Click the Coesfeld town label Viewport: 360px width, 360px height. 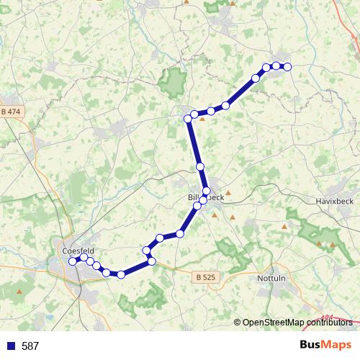[x=78, y=250]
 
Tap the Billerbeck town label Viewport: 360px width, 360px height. [x=206, y=197]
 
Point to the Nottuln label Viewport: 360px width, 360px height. [x=272, y=277]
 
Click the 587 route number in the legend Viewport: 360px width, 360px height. [x=30, y=346]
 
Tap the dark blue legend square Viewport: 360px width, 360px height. [x=10, y=346]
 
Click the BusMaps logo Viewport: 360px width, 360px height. [x=325, y=345]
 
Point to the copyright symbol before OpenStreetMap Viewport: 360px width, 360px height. [x=238, y=323]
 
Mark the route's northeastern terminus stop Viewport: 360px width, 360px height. [x=287, y=67]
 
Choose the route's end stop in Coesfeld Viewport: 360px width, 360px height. [x=73, y=261]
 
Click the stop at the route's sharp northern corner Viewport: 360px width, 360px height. [x=187, y=117]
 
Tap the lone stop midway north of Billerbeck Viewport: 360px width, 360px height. [x=200, y=166]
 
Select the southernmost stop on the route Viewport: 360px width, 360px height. [x=121, y=274]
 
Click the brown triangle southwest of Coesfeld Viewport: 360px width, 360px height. [x=19, y=292]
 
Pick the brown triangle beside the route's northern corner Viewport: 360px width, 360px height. [x=202, y=120]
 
